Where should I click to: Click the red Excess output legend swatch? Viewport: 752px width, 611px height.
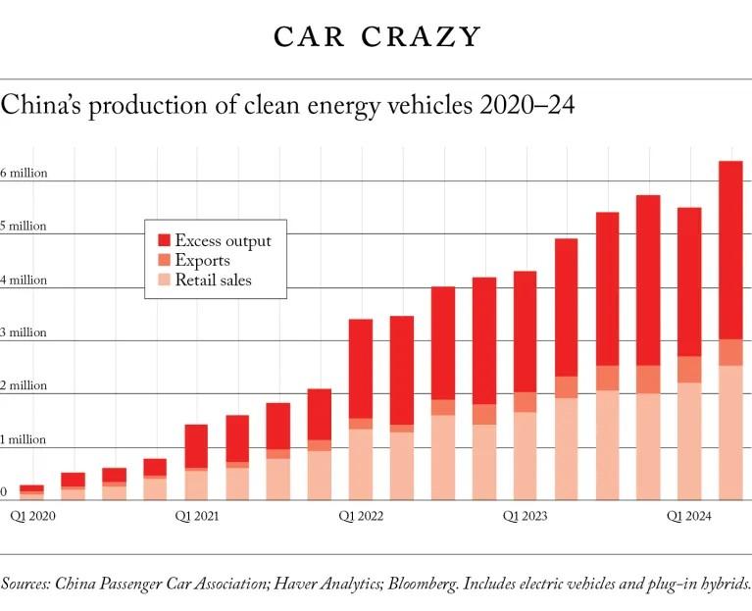coord(163,240)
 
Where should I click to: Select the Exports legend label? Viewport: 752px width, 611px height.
coord(202,261)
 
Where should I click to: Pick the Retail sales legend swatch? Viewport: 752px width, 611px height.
coord(163,281)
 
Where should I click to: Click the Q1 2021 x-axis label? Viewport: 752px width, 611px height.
coord(197,514)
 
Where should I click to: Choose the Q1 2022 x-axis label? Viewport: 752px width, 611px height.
coord(361,514)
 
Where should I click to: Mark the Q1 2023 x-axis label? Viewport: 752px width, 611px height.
coord(526,514)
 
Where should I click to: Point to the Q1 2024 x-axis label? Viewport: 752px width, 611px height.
coord(689,514)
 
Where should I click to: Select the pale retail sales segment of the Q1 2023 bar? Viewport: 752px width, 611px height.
coord(526,456)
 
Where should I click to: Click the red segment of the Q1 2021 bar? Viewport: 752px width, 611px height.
coord(197,446)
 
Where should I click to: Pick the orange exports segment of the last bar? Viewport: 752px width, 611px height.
coord(730,353)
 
